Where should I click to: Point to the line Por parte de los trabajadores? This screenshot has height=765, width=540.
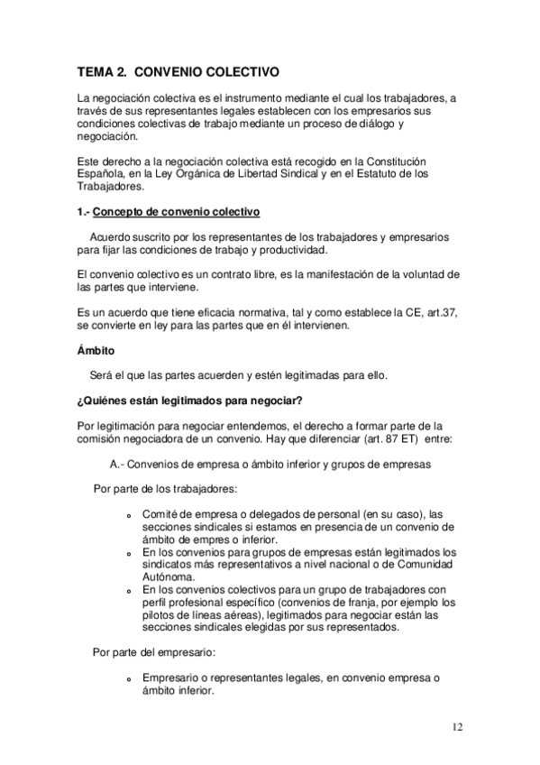(165, 489)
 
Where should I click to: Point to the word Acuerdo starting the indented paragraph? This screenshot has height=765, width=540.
(112, 236)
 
